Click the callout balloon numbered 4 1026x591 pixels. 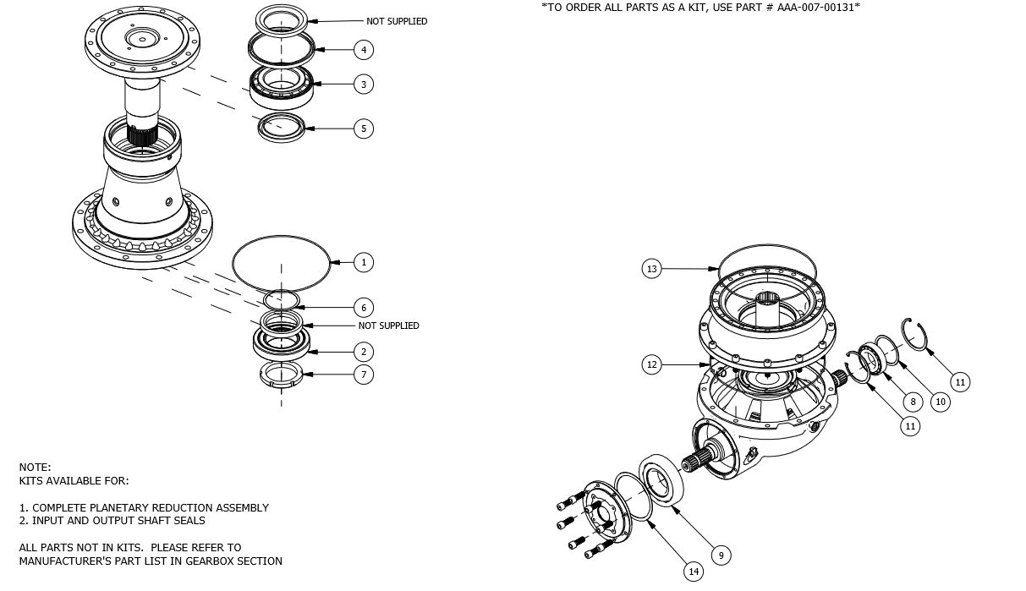coord(363,50)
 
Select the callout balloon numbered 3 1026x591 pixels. coord(363,85)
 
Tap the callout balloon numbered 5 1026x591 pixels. coord(363,129)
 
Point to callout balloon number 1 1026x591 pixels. coord(363,262)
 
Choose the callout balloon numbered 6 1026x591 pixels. coord(363,308)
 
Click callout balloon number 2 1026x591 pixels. coord(363,352)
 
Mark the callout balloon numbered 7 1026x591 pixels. coord(363,374)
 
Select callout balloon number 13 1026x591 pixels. coord(651,269)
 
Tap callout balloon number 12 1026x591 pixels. coord(651,365)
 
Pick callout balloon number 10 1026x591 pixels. coord(940,402)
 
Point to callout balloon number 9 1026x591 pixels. coord(720,555)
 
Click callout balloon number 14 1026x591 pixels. coord(694,572)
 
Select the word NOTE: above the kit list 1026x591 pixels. coord(35,467)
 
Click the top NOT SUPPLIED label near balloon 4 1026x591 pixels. coord(397,21)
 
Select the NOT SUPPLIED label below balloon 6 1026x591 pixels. coord(388,326)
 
